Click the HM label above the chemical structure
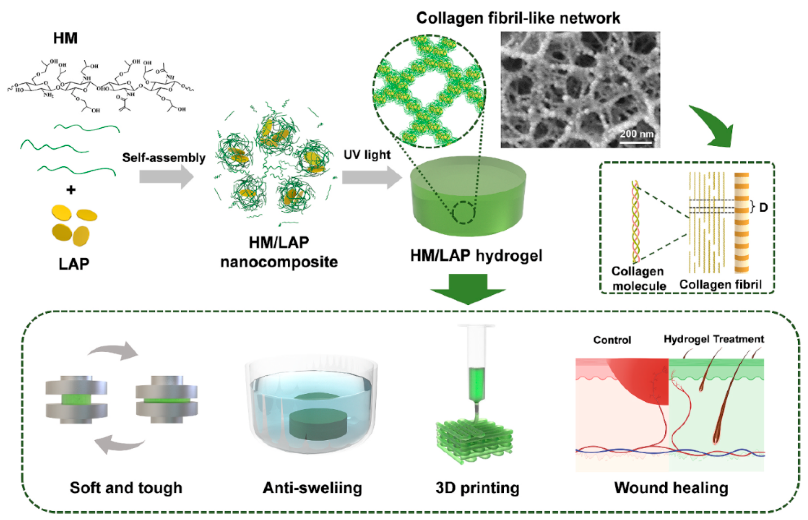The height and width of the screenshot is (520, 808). pos(65,38)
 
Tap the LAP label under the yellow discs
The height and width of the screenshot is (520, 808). pos(74,264)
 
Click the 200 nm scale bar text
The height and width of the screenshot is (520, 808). pos(637,134)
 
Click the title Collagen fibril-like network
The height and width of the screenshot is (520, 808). pos(518,18)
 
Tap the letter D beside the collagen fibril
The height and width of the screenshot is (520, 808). pos(764,208)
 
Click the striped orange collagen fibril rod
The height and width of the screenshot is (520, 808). pos(741,223)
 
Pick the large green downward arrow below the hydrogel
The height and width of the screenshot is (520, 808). pos(468,289)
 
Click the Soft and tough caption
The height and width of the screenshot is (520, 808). pos(126,488)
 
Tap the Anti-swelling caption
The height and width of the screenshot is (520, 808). pos(313,488)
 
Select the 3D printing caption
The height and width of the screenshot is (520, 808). pos(477,488)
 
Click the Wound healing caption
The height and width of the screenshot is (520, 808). pos(671,488)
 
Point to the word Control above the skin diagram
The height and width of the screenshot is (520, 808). pos(612,340)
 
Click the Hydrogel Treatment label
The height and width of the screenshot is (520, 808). pos(714,339)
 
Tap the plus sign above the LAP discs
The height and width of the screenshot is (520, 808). pos(71,190)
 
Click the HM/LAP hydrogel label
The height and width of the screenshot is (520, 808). pos(476,256)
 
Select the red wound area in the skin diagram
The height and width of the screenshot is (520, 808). pos(641,378)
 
